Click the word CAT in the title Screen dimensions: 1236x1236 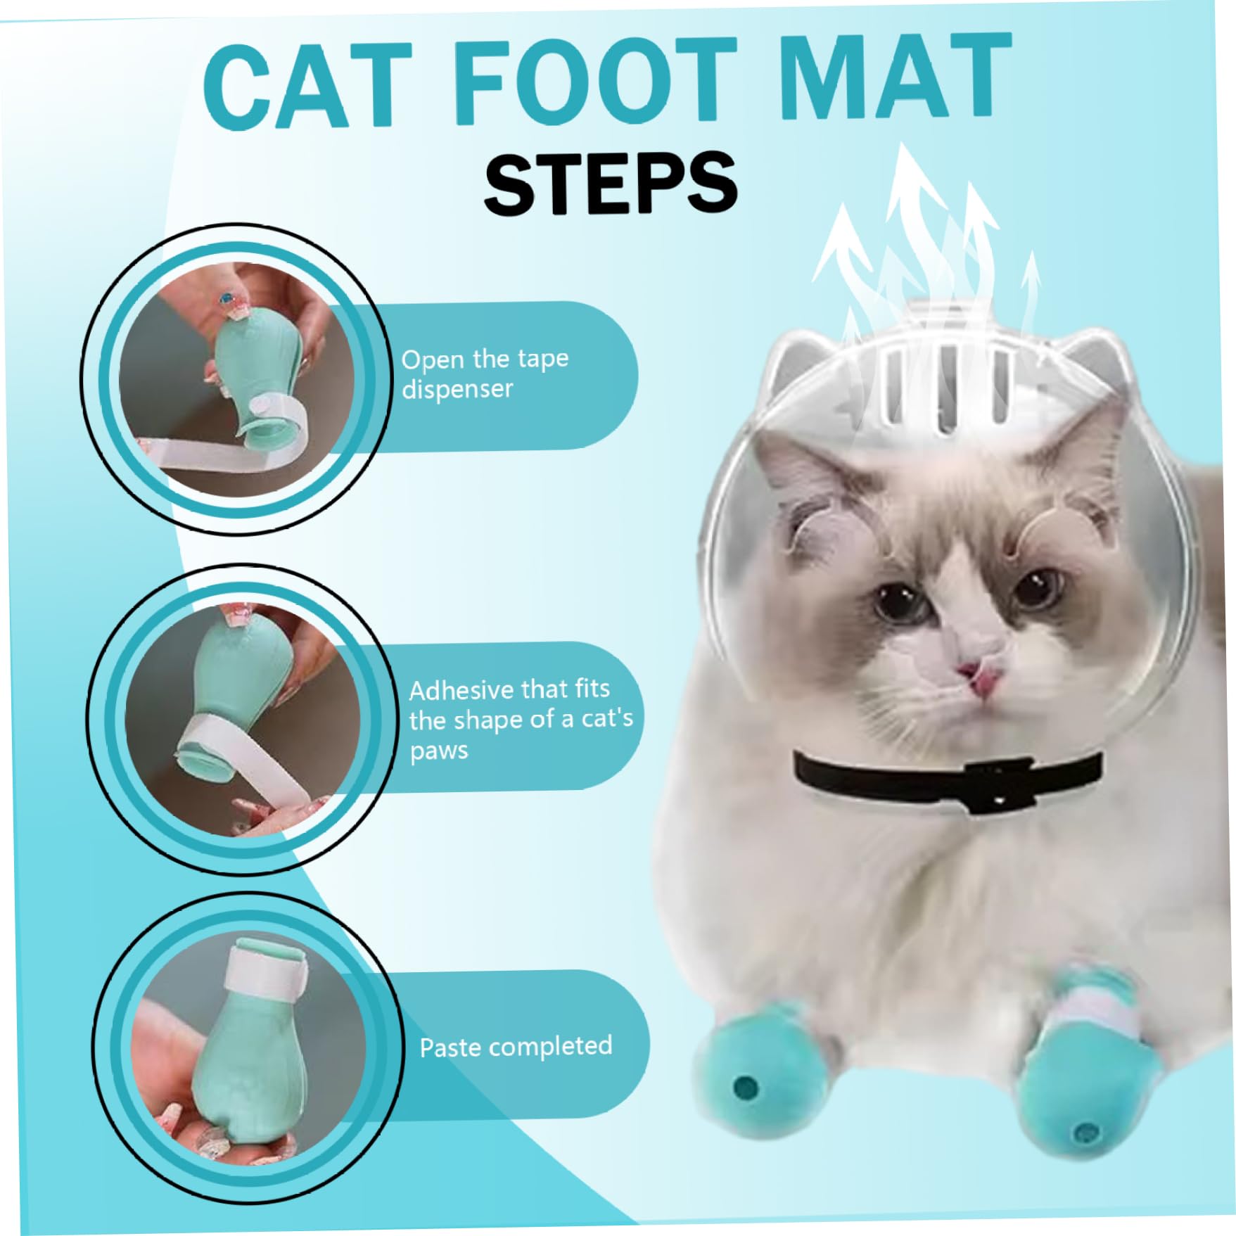pyautogui.click(x=307, y=86)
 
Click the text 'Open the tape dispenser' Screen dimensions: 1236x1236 pyautogui.click(x=485, y=374)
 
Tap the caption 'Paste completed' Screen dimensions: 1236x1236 pyautogui.click(x=516, y=1047)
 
